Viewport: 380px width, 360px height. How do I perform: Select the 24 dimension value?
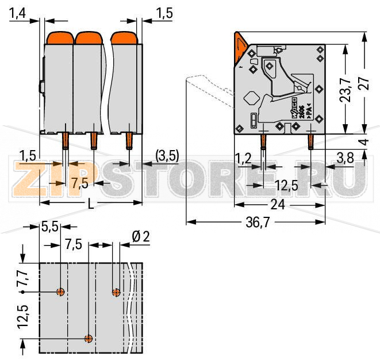click(x=278, y=204)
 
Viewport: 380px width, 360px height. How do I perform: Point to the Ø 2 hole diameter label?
click(x=140, y=236)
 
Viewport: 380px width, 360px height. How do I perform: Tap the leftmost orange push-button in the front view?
click(x=56, y=38)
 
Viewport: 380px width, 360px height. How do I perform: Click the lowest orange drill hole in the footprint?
click(x=88, y=338)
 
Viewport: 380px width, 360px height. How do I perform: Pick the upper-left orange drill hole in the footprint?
click(x=60, y=292)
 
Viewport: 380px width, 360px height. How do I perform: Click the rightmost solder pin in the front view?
click(x=129, y=140)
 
